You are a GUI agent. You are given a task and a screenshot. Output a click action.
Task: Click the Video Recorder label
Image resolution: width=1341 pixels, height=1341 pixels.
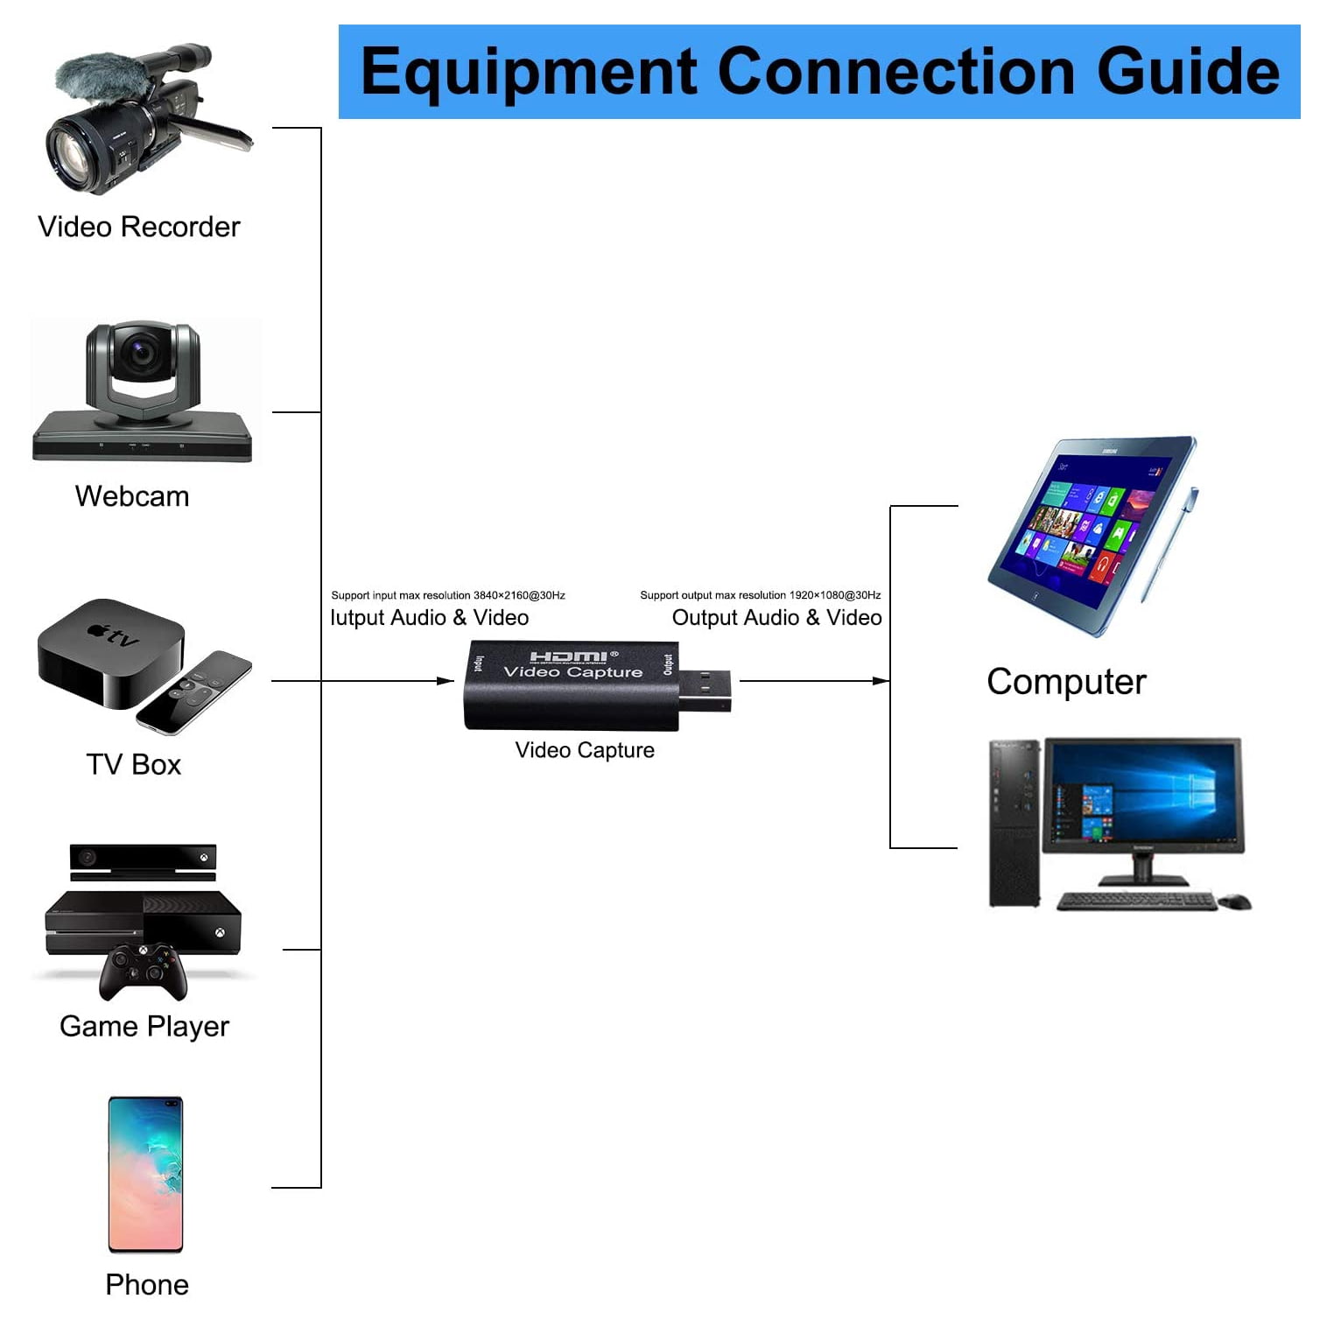138,227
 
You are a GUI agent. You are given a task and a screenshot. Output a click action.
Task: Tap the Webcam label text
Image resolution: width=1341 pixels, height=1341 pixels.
132,496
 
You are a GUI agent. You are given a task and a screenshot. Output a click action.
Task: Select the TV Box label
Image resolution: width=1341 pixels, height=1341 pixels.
134,764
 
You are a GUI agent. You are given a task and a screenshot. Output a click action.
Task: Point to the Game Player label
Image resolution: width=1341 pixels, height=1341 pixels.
144,1026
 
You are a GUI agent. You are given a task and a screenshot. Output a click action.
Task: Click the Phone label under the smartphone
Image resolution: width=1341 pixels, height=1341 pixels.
147,1284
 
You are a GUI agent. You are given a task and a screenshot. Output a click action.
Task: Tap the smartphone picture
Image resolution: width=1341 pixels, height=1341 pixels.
145,1175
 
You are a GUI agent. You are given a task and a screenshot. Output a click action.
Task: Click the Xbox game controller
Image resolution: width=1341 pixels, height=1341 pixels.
143,971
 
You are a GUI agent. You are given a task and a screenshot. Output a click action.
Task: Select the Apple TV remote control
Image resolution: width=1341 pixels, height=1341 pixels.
193,692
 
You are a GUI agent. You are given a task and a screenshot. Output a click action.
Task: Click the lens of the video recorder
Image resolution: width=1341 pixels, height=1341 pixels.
77,155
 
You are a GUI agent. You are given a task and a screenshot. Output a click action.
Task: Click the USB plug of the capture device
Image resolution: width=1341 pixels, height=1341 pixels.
706,692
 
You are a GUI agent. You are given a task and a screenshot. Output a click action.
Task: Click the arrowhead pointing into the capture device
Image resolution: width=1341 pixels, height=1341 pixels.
446,681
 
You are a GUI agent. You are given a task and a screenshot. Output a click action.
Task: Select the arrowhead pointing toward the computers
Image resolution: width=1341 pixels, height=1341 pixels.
881,681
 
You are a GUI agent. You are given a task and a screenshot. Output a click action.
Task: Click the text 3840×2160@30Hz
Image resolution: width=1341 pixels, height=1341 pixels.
519,595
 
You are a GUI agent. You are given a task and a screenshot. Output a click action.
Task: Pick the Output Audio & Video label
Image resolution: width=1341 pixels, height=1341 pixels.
777,618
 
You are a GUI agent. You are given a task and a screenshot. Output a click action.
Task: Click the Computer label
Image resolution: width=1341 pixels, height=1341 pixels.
1066,683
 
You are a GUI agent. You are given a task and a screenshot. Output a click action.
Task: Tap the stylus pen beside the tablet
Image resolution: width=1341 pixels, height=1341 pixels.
1169,544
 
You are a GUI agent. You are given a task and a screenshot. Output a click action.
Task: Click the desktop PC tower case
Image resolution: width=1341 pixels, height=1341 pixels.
1015,824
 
